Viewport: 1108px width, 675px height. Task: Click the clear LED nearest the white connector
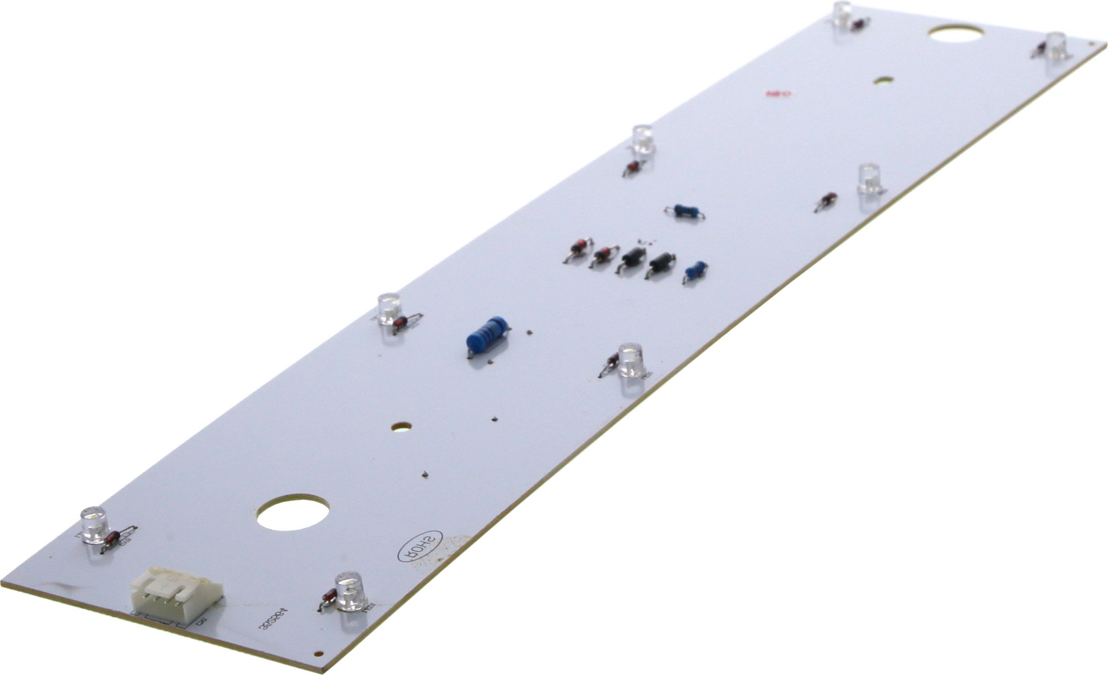tap(351, 593)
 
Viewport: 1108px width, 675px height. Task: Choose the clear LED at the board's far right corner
tap(1056, 46)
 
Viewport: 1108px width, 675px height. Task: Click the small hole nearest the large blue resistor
tap(401, 425)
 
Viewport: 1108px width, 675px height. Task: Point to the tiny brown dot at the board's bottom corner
tap(318, 653)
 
